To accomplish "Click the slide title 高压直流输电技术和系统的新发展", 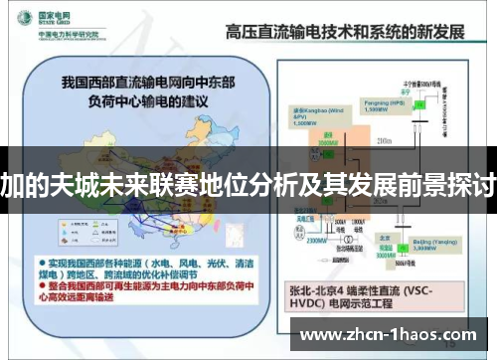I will pos(345,32).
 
